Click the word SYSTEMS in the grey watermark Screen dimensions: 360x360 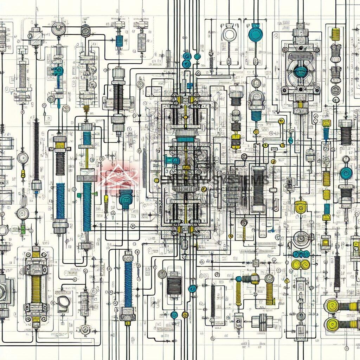point(246,180)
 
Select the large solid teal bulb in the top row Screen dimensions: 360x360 point(255,34)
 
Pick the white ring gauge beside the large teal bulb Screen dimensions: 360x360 point(229,34)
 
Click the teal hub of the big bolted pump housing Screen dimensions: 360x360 point(301,72)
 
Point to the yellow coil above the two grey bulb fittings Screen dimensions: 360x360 point(336,34)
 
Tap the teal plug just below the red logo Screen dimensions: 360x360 point(126,199)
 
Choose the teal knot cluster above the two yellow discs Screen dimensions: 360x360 point(301,254)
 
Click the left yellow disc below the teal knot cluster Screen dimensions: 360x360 point(296,264)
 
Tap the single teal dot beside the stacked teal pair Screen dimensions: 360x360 point(197,56)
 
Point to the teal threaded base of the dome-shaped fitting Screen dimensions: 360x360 point(256,115)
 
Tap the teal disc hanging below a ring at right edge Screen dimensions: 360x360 point(346,173)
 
